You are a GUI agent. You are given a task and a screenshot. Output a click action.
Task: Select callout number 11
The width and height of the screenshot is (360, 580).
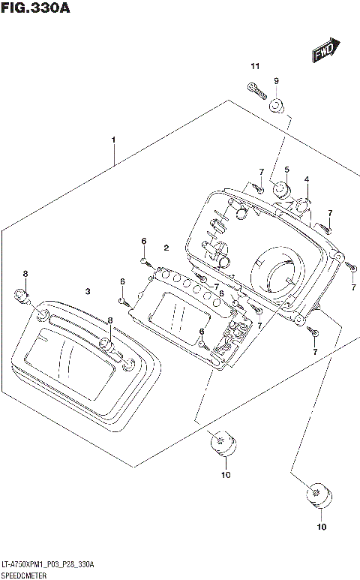254,68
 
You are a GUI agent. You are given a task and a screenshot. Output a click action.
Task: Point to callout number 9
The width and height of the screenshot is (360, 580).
276,80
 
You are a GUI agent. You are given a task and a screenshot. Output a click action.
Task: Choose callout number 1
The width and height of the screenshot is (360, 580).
113,140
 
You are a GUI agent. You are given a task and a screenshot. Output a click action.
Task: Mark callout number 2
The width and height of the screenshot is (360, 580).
166,247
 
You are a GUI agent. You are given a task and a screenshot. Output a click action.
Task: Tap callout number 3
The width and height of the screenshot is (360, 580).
88,290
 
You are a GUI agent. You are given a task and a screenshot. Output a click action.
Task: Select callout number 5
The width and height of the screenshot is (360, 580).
286,170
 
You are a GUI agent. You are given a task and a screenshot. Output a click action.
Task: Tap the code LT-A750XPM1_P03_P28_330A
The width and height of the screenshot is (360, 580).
47,564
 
